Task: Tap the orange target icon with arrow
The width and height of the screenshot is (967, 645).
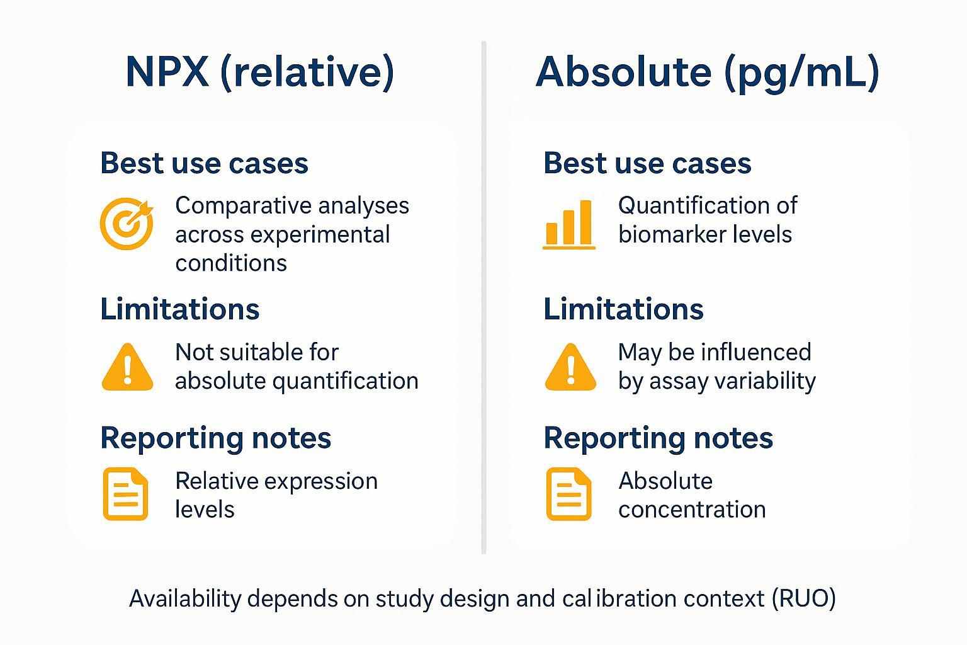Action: (x=127, y=224)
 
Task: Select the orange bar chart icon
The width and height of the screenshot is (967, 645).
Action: (x=568, y=224)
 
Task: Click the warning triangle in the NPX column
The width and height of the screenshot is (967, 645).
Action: (x=127, y=368)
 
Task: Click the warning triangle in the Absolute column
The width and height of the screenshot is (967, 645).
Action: (x=570, y=368)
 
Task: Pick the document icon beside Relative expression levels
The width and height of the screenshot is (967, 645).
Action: (x=125, y=494)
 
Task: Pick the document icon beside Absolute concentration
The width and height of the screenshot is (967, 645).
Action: (x=568, y=494)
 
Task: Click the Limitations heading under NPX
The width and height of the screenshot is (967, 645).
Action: (x=180, y=309)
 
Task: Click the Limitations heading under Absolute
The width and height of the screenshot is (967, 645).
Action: (x=623, y=309)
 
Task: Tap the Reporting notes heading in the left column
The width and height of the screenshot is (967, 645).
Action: (x=215, y=438)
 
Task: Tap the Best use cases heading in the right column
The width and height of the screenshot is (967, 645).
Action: (x=647, y=163)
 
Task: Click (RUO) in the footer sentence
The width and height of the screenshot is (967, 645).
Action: (x=803, y=598)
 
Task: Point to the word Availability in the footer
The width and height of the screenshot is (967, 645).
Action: (x=185, y=598)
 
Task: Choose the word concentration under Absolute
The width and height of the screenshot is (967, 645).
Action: (x=692, y=509)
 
